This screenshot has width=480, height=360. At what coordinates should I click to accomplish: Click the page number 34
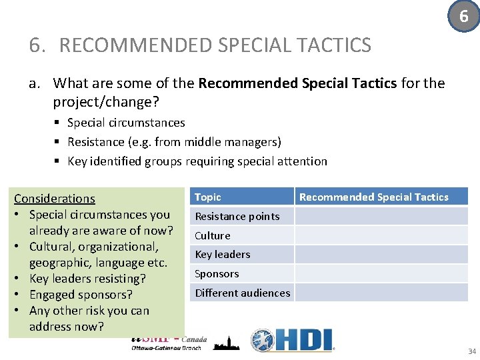(471, 351)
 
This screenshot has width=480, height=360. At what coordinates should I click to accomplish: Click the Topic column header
(208, 197)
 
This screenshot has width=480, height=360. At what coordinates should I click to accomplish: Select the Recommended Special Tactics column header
(373, 197)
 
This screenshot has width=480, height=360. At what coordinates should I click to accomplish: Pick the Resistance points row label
(237, 216)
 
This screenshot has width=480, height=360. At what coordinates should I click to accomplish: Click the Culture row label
(212, 235)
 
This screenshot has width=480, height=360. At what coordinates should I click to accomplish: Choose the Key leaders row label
(222, 254)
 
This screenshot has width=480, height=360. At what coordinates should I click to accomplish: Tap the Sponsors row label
(216, 273)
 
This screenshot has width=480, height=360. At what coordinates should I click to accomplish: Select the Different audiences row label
(242, 293)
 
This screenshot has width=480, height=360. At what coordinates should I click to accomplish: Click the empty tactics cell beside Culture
(381, 235)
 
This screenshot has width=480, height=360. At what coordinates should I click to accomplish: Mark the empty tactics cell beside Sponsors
(381, 273)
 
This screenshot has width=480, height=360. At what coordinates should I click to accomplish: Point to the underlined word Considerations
(55, 199)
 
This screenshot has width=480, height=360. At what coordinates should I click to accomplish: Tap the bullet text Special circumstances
(126, 123)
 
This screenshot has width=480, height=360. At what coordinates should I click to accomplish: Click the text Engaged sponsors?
(81, 295)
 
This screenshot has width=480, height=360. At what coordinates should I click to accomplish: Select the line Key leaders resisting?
(87, 279)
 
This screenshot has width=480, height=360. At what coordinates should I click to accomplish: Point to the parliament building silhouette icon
(227, 342)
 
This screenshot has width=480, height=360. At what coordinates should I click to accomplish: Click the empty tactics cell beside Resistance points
(381, 216)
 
